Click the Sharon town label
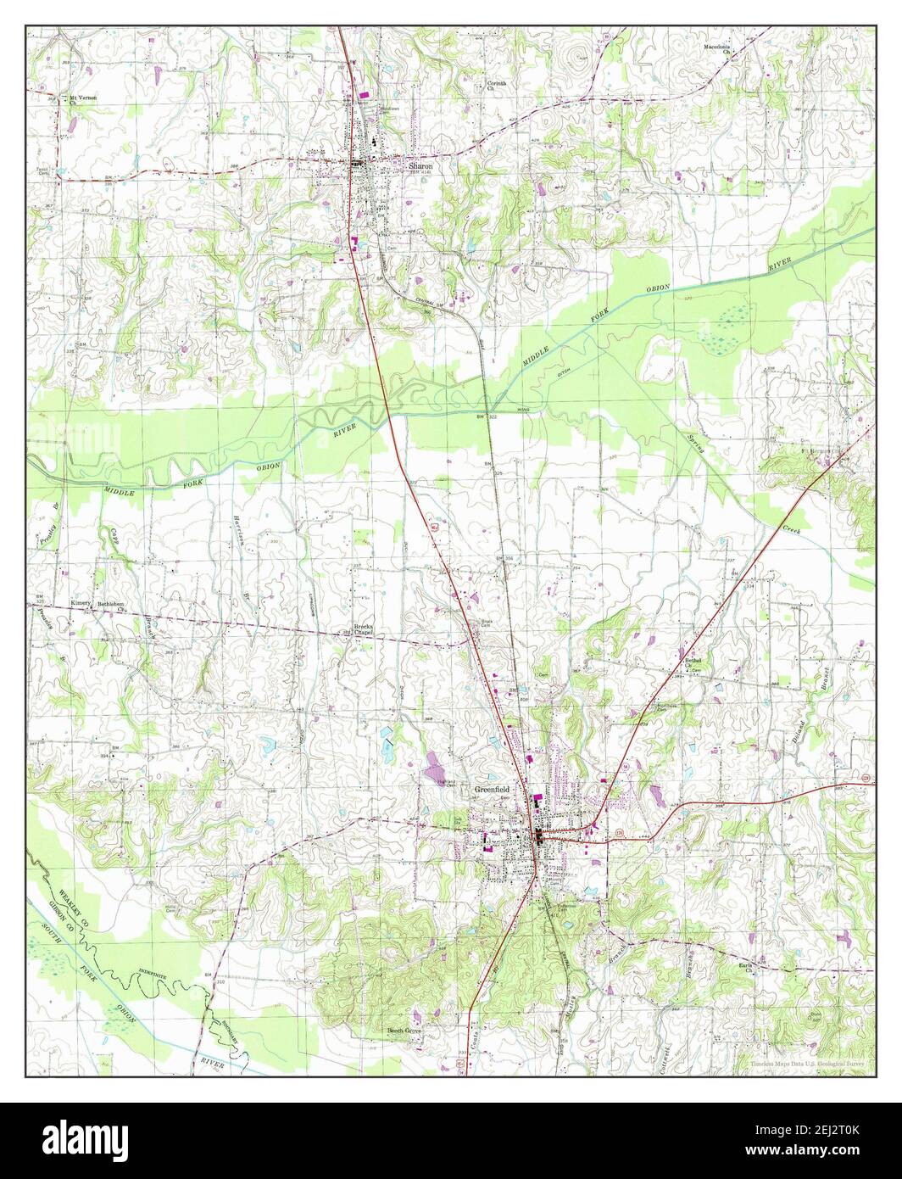[420, 167]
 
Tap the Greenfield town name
[492, 789]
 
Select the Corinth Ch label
[497, 87]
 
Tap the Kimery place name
[81, 602]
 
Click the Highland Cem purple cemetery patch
[438, 768]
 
